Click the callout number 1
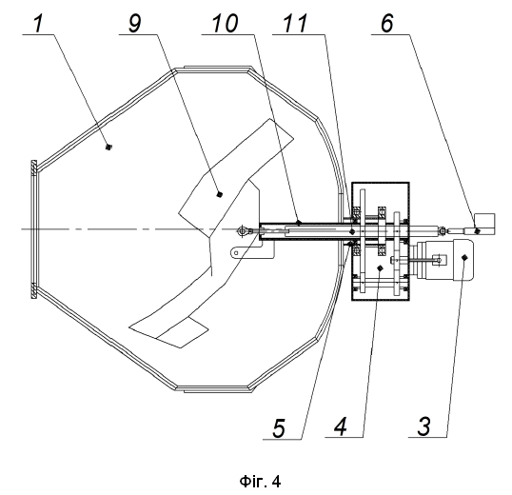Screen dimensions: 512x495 (x=38, y=24)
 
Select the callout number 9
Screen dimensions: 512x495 (x=134, y=24)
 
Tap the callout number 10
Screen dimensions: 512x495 (x=225, y=24)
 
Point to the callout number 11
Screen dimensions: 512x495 (x=295, y=24)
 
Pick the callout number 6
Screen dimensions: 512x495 (x=387, y=24)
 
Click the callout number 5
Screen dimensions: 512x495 (x=279, y=428)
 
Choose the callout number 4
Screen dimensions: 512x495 (x=341, y=426)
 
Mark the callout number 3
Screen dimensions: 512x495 (x=424, y=426)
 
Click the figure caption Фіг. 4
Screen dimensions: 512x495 (x=260, y=482)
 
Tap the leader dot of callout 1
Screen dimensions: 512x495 (x=108, y=148)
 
